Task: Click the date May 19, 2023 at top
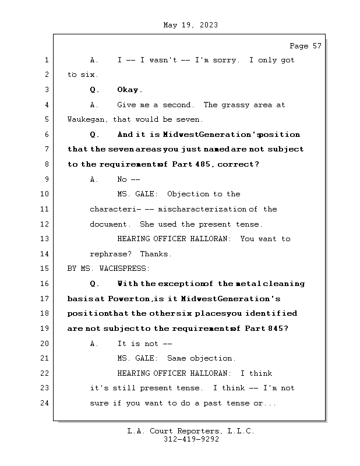[191, 25]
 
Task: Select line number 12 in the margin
[45, 224]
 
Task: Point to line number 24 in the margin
[45, 403]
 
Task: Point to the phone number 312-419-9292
[191, 440]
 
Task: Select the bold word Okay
[129, 90]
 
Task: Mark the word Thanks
[156, 255]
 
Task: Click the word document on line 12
[108, 224]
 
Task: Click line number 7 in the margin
[45, 150]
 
